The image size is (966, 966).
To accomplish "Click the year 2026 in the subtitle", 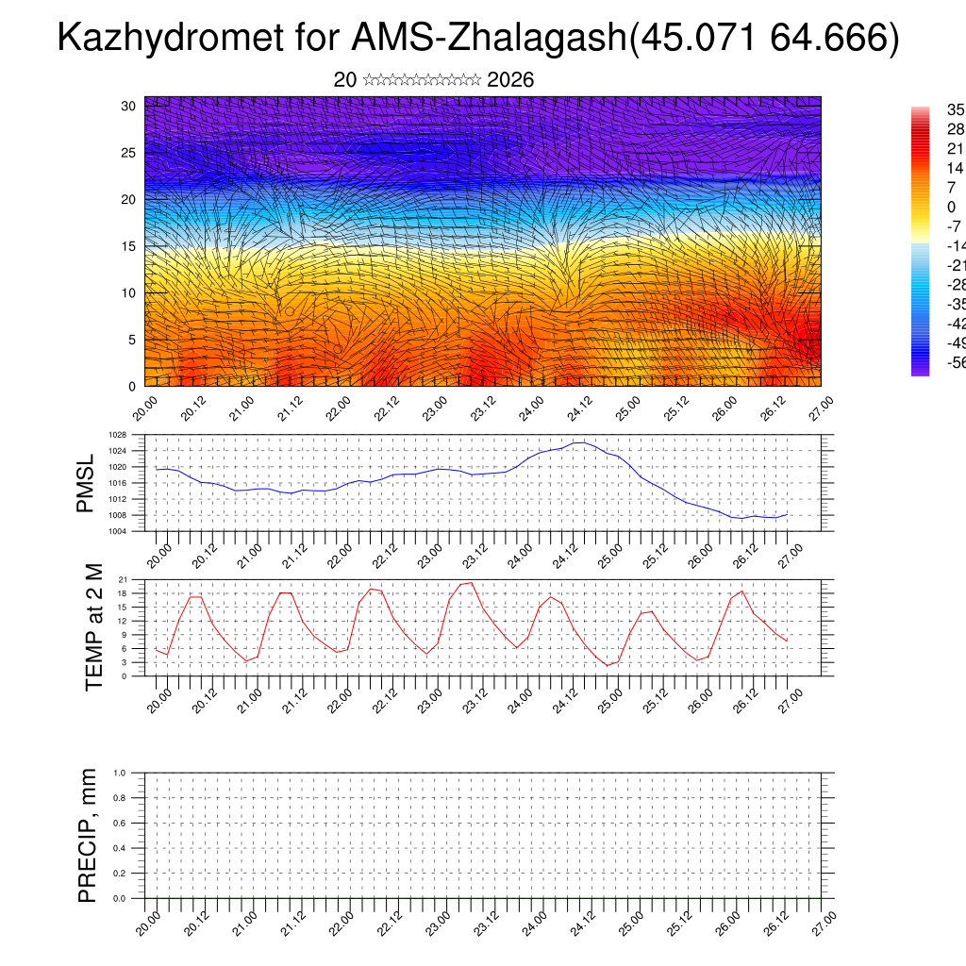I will point(510,80).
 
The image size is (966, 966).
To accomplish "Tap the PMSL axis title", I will point(86,483).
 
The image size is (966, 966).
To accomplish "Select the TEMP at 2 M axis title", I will point(93,626).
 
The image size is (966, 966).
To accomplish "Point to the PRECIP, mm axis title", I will point(88,835).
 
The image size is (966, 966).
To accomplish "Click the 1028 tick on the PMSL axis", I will point(117,435).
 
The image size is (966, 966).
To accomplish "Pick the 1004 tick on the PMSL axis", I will point(117,531).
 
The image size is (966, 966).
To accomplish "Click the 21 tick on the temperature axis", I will point(123,579).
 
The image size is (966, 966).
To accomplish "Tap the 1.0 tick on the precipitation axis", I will point(120,773).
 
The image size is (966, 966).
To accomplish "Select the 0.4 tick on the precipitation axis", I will point(120,848).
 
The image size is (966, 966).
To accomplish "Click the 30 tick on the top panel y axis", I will point(128,106).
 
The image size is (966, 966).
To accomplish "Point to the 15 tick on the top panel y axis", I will point(128,246).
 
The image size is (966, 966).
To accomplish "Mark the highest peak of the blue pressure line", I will point(579,441).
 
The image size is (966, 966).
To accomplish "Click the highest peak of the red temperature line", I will point(470,582).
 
